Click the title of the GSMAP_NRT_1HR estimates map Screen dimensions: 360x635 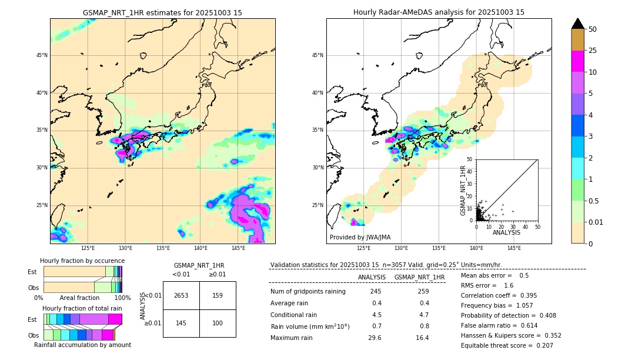coord(162,12)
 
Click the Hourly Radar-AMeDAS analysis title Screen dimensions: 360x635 coord(439,12)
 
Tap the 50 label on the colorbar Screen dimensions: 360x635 coord(593,29)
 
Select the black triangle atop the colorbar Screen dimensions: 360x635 coord(578,24)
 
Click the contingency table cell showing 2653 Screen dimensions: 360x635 coord(181,295)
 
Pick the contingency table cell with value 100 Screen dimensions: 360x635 coord(218,324)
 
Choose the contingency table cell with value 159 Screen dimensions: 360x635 coord(218,295)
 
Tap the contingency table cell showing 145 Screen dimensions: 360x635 coord(181,324)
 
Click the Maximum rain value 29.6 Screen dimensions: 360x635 coord(375,338)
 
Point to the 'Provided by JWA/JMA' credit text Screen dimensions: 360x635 coord(360,238)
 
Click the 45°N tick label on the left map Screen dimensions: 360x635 coord(42,55)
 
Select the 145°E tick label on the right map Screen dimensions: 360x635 coord(514,248)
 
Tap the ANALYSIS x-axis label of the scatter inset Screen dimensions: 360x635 coord(506,232)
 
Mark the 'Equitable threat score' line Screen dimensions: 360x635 coord(507,345)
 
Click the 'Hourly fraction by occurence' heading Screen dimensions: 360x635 coord(82,261)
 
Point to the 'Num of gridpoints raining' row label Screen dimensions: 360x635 coord(308,292)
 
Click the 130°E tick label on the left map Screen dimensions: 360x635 coord(125,248)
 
